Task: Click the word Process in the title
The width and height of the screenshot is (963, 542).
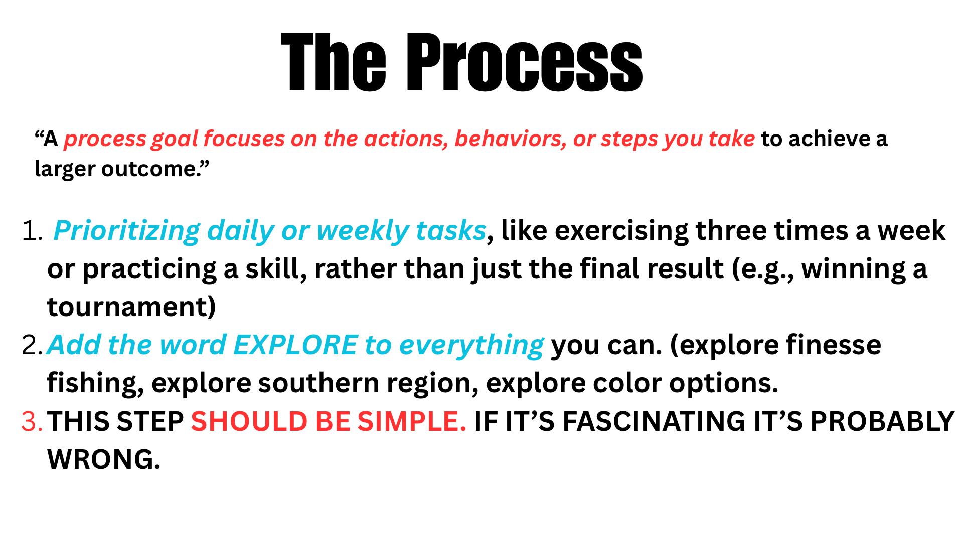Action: coord(524,62)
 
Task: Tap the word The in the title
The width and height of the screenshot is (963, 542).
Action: coord(334,62)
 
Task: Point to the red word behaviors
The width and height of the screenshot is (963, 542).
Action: coord(511,139)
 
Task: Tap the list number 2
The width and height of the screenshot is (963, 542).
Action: coord(33,345)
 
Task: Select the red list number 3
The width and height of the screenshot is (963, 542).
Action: coord(32,422)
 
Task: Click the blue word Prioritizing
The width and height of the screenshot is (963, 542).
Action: coord(127,231)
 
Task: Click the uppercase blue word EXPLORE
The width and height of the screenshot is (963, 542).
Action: coord(296,345)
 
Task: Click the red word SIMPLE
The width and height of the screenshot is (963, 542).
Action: coord(412,422)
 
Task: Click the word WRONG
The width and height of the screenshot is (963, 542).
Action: coord(104,459)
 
